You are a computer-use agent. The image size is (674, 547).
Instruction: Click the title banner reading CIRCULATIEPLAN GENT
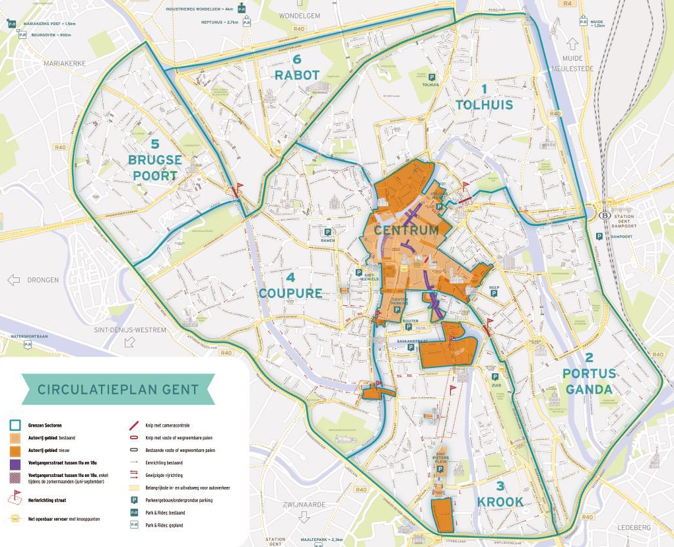(118, 389)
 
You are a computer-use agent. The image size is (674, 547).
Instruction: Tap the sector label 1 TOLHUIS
(484, 98)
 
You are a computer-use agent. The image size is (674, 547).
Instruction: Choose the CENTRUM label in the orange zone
(406, 231)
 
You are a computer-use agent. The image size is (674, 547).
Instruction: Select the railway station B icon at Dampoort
(603, 215)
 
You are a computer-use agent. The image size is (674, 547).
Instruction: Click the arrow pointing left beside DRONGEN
(13, 280)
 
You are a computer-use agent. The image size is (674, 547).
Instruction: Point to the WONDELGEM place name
(299, 15)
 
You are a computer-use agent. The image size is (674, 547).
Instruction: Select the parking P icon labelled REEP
(494, 293)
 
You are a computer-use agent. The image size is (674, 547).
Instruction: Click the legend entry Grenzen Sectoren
(49, 425)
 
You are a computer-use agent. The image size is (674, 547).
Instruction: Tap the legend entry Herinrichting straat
(47, 500)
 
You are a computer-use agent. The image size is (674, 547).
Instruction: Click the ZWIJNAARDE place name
(304, 504)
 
